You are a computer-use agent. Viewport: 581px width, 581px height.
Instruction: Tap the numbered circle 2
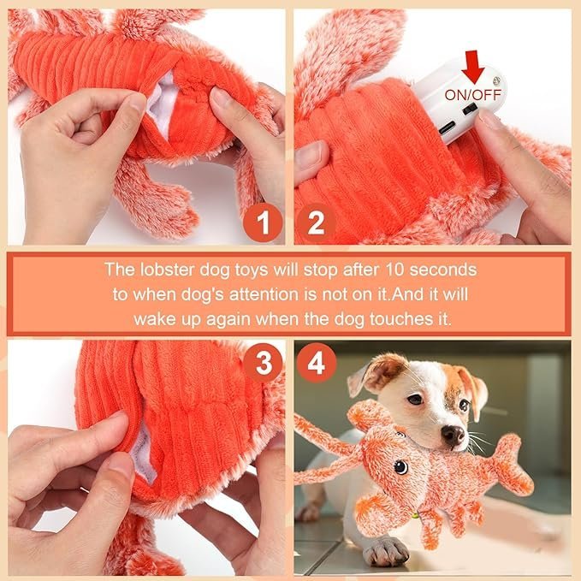pos(316,223)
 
